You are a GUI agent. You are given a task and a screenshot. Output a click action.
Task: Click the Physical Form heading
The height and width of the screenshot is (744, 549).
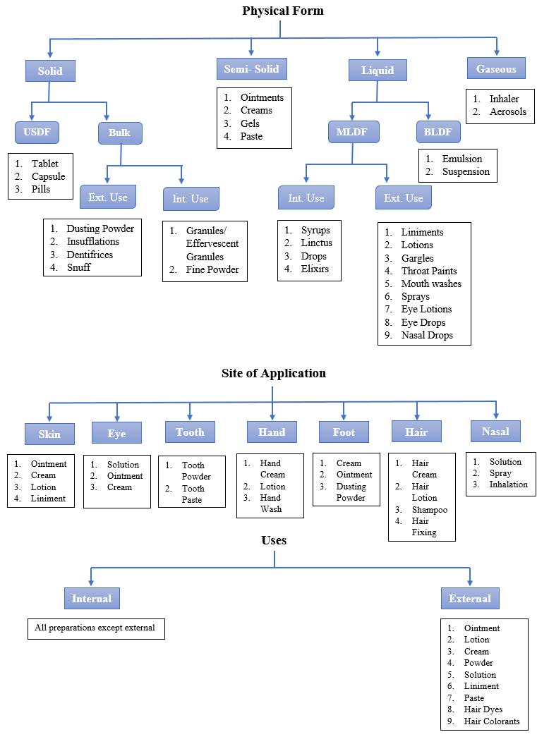pos(282,11)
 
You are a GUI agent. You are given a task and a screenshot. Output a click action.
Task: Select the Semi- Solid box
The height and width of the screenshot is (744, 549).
pos(251,69)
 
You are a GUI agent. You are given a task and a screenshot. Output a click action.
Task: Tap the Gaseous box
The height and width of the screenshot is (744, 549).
pos(496,69)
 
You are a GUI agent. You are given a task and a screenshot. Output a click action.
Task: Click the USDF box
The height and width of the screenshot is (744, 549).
pos(37,132)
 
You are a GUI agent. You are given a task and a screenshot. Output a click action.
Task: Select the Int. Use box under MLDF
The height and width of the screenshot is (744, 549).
pos(306,198)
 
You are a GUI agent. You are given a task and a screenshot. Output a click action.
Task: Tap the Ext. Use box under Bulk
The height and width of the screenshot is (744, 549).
pos(107,197)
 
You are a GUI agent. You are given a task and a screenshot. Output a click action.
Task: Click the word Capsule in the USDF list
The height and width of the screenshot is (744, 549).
pos(48,176)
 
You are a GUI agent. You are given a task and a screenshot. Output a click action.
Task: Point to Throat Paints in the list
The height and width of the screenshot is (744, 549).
pos(429,271)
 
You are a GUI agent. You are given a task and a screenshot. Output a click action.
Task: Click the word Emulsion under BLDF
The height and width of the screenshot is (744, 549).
pos(462,159)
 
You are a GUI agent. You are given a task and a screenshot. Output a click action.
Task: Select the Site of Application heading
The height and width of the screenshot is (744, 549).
pos(274,373)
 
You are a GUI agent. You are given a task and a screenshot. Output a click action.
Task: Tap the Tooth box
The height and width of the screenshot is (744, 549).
pos(190,432)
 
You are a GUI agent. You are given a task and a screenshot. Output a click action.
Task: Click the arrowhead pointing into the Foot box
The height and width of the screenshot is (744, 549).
pos(344,417)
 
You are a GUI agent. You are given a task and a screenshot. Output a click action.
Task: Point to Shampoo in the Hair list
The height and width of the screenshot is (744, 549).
pos(429,509)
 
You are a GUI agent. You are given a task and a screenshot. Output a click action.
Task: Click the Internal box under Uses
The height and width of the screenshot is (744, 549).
pos(92,599)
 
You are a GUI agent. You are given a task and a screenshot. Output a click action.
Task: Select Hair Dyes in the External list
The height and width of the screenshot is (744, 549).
pos(483,709)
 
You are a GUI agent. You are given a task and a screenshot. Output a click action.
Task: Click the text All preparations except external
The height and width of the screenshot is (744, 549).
pos(95,627)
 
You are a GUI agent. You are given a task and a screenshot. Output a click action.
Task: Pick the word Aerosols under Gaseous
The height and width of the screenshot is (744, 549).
pos(508,111)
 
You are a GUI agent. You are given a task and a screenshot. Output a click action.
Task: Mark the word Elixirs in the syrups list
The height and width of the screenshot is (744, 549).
pos(315,269)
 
